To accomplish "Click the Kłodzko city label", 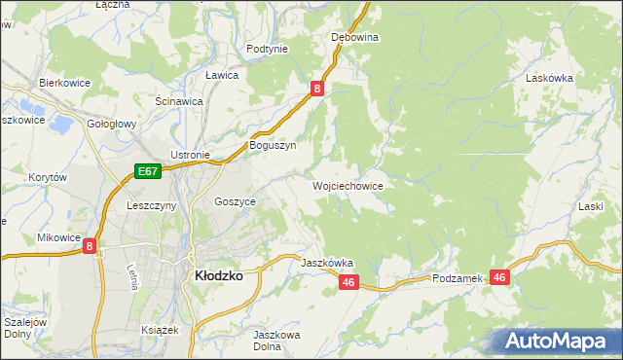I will point(219,275).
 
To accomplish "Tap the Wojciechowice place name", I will point(347,185).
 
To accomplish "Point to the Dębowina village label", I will point(354,37).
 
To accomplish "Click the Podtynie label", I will point(267,49).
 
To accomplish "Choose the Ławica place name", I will point(222,75).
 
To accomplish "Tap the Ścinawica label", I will point(179,100).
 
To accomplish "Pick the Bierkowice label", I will point(64,83).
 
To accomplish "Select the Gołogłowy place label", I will point(112,125).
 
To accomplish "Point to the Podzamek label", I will point(458,278).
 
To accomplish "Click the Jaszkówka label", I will point(327,263).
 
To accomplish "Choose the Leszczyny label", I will point(151,205).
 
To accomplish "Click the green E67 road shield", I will point(147,172).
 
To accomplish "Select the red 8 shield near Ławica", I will point(317,89).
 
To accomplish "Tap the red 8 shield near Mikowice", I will point(90,247).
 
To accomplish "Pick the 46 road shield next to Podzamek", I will point(500,278).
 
